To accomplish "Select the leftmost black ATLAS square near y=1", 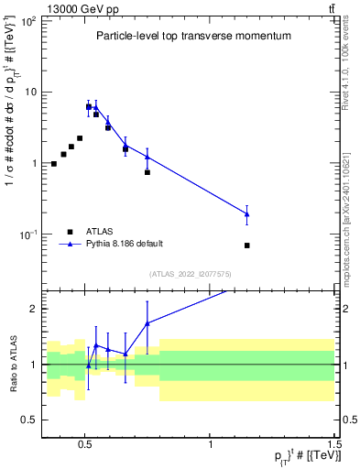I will coord(54,164).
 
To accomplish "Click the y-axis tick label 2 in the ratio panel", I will coord(33,310).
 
